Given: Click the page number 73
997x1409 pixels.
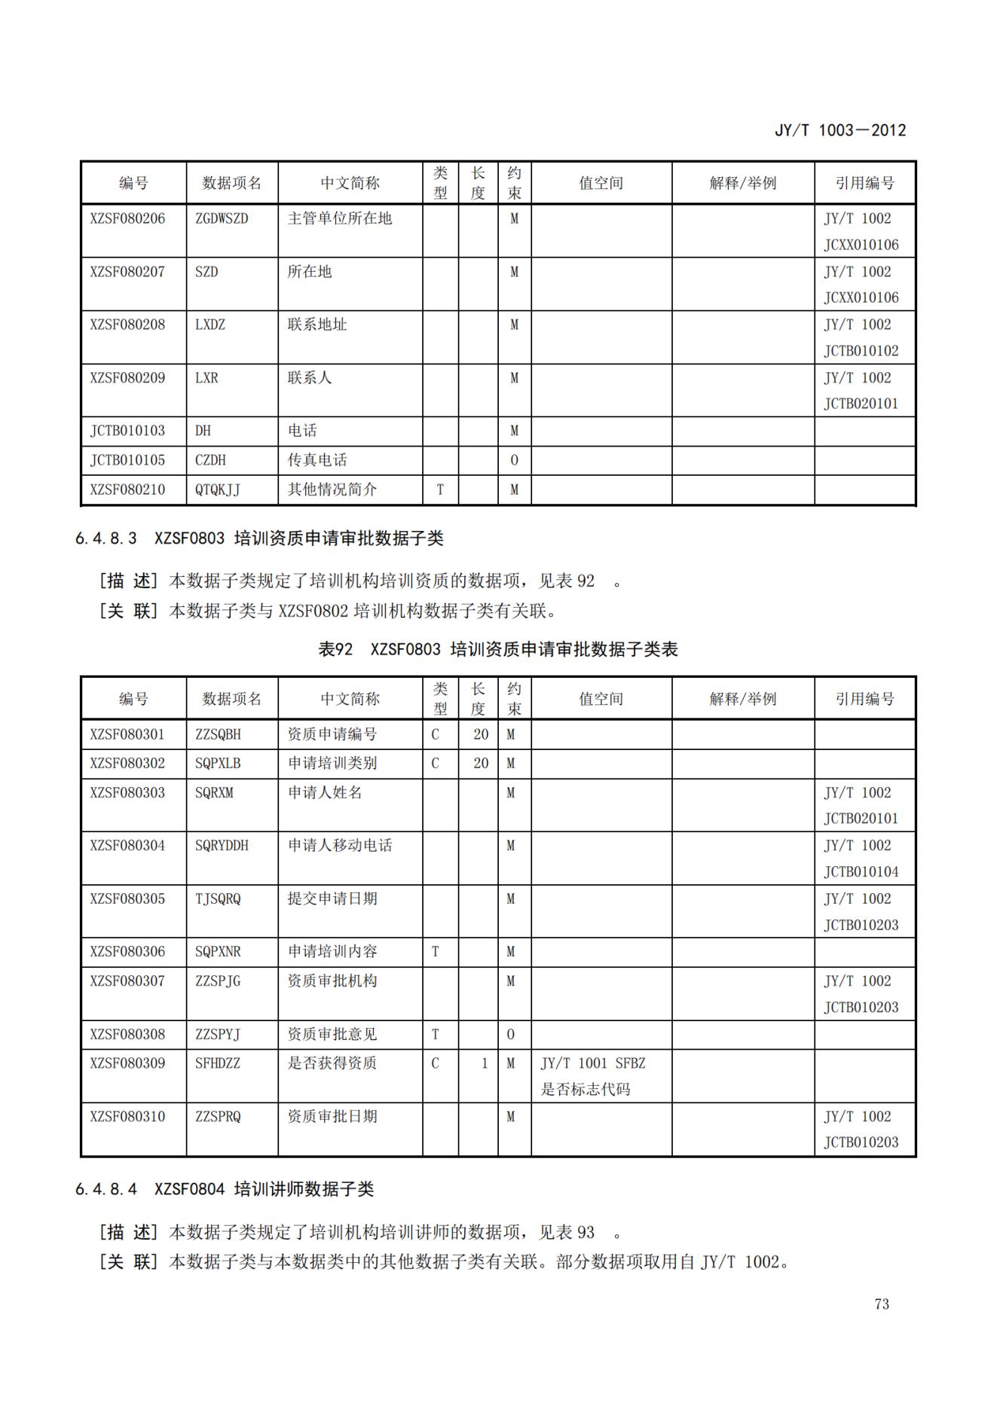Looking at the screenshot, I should (x=882, y=1304).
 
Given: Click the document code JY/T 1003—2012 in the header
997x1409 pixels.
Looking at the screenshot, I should (x=839, y=130).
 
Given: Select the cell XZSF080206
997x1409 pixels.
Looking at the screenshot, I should (x=127, y=218).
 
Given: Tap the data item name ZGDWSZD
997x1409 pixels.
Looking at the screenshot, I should (x=222, y=218).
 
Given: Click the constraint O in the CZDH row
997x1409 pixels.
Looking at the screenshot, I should (x=514, y=459).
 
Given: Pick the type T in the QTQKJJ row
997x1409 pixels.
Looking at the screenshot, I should (x=440, y=489).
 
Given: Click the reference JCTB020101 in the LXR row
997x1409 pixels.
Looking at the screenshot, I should (x=861, y=404).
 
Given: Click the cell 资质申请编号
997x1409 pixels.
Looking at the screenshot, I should (x=332, y=733).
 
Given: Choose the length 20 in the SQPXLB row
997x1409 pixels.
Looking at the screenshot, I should (x=481, y=763).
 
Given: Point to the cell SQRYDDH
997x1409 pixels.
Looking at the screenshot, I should (x=222, y=845).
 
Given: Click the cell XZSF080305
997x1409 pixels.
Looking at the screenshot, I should (x=127, y=898).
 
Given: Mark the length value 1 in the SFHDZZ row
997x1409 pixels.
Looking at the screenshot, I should (x=485, y=1063).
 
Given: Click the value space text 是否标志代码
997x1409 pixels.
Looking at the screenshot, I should (x=586, y=1089).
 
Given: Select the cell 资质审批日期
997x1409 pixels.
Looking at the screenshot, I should (x=332, y=1116).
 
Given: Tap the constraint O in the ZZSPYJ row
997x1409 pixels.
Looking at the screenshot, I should (x=510, y=1034).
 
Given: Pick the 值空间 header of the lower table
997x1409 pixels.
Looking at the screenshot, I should (x=601, y=698).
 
